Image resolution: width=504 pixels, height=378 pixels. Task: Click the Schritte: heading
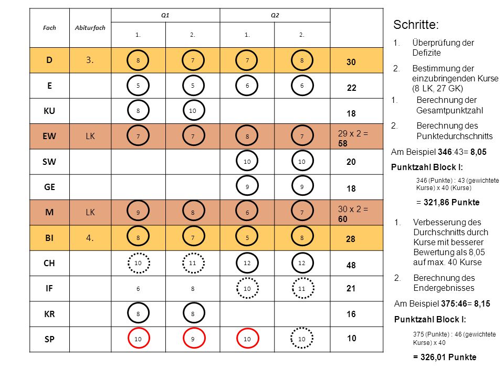pyautogui.click(x=416, y=25)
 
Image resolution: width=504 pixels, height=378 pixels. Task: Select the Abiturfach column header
pyautogui.click(x=90, y=28)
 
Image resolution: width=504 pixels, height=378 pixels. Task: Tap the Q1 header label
pyautogui.click(x=165, y=15)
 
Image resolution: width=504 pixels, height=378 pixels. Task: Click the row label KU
pyautogui.click(x=49, y=111)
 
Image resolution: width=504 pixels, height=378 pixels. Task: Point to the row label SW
pyautogui.click(x=49, y=162)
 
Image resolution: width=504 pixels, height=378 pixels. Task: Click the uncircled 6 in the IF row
pyautogui.click(x=138, y=289)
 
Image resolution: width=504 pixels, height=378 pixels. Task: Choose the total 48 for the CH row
pyautogui.click(x=351, y=265)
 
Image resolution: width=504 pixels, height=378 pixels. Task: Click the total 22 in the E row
pyautogui.click(x=351, y=88)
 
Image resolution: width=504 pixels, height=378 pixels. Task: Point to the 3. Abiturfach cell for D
pyautogui.click(x=90, y=60)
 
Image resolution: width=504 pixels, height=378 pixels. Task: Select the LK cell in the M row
pyautogui.click(x=90, y=213)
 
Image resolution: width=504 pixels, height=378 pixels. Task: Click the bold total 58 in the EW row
pyautogui.click(x=343, y=143)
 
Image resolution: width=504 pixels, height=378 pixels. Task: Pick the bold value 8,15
pyautogui.click(x=482, y=304)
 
